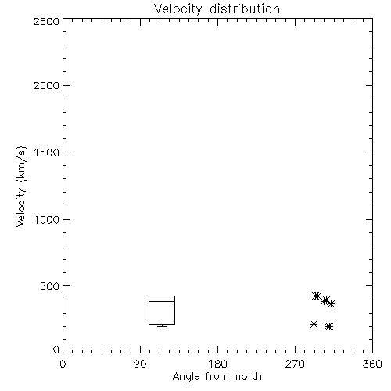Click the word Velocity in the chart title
(x=178, y=9)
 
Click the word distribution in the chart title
(x=245, y=9)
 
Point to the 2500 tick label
(x=46, y=21)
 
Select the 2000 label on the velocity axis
(x=46, y=85)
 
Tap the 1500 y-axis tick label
(x=47, y=152)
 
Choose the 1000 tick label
(x=47, y=219)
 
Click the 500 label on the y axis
(x=49, y=286)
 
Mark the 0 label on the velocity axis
(x=56, y=350)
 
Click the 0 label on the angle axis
(x=63, y=364)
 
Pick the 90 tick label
(x=140, y=364)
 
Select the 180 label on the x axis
(x=217, y=364)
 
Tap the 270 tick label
(x=295, y=364)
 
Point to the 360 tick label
(x=372, y=364)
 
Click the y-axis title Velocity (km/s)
(x=21, y=186)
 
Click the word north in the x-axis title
(x=249, y=377)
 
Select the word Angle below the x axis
(x=186, y=378)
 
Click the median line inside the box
(x=162, y=301)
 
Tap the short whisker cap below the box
(x=162, y=326)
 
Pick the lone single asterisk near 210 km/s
(x=314, y=325)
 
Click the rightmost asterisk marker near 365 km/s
(x=331, y=303)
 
